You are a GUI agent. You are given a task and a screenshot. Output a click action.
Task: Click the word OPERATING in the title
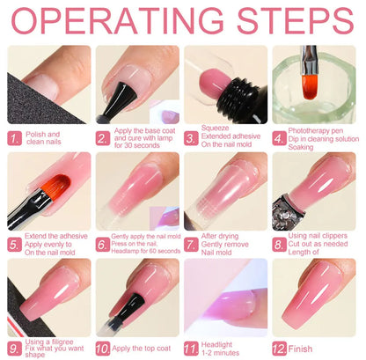click(117, 20)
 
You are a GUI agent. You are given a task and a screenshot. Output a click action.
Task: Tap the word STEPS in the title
click(296, 20)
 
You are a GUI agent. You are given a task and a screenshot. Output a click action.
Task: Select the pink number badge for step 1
click(15, 138)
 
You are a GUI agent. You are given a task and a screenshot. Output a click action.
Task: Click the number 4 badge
click(279, 138)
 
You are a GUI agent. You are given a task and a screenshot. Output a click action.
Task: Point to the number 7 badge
click(191, 245)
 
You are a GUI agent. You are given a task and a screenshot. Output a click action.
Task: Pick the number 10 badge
click(103, 349)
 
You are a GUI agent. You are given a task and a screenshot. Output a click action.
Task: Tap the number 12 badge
click(280, 349)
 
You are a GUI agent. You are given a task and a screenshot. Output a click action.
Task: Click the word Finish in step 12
click(300, 349)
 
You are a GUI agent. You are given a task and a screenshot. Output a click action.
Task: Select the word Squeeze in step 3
click(215, 129)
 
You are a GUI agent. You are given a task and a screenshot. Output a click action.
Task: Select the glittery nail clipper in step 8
click(286, 211)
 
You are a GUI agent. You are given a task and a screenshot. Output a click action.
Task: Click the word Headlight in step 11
click(216, 345)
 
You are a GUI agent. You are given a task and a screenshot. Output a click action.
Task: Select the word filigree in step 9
click(62, 342)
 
